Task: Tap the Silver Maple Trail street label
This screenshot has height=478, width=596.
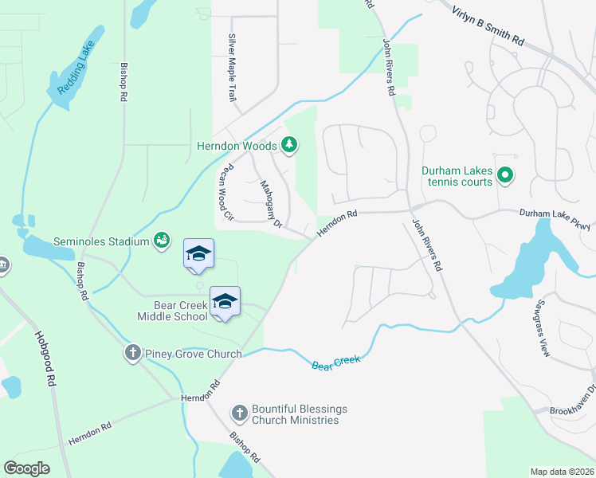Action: (x=233, y=67)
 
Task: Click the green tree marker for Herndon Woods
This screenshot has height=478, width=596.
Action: (x=291, y=145)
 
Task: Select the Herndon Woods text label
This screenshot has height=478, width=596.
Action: (x=237, y=146)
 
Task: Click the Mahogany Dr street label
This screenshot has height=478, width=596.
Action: (x=273, y=204)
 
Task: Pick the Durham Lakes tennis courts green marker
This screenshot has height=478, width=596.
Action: (x=504, y=174)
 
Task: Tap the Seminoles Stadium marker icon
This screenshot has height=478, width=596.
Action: (x=162, y=239)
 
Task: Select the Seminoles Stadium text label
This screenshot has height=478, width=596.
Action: (x=101, y=241)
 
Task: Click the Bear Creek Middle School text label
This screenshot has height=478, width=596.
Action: (x=182, y=311)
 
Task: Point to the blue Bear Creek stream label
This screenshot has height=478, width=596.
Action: (x=335, y=362)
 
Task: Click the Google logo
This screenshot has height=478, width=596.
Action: (x=27, y=468)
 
